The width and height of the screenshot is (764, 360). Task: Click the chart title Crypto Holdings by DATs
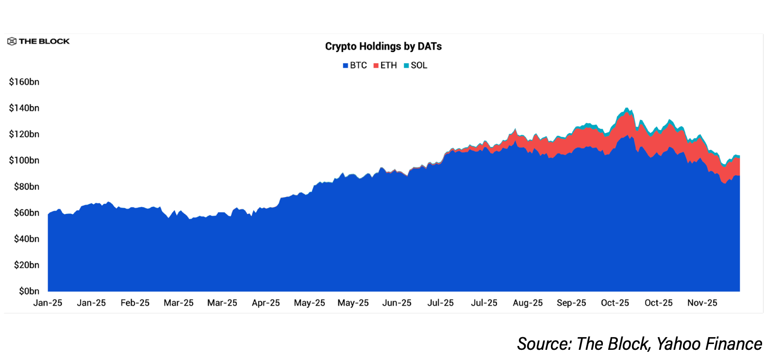point(383,47)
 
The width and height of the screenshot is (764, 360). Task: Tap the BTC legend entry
point(355,65)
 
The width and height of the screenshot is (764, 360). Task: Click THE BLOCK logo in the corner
point(38,41)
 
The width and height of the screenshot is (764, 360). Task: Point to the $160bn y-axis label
point(24,82)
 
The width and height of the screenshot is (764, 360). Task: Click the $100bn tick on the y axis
point(24,161)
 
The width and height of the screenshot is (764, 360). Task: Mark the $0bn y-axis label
point(29,291)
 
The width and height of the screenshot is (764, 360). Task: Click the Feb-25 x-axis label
point(135,303)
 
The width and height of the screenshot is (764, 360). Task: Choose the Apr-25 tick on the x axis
point(266,303)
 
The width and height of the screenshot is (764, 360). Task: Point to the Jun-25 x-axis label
point(397,303)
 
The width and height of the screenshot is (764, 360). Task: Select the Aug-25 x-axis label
point(528,303)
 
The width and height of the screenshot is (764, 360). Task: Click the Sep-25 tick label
point(571,303)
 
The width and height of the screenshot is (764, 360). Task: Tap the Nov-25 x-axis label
point(702,303)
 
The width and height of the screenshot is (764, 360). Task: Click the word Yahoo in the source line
point(678,344)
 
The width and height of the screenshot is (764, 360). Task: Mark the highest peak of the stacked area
point(627,109)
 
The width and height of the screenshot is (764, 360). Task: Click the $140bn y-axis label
point(24,108)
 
